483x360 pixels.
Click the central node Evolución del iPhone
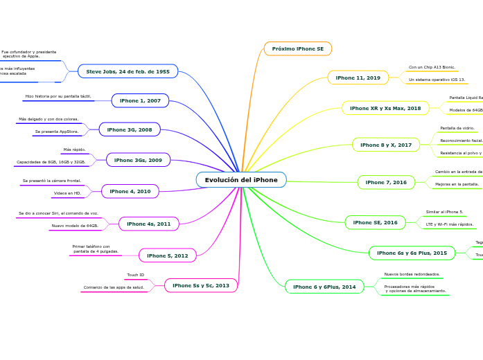pyautogui.click(x=241, y=180)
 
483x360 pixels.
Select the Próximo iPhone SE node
pyautogui.click(x=298, y=48)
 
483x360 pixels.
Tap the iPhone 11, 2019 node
pyautogui.click(x=358, y=78)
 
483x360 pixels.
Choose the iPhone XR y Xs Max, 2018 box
pyautogui.click(x=385, y=108)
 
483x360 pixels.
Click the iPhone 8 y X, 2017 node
pyautogui.click(x=386, y=145)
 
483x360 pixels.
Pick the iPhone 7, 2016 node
pyautogui.click(x=386, y=182)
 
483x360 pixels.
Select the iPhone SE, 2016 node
pyautogui.click(x=375, y=222)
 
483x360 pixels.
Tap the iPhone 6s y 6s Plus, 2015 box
pyautogui.click(x=412, y=253)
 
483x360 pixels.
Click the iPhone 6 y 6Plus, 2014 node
pyautogui.click(x=324, y=287)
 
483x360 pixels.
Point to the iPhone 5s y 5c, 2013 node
pyautogui.click(x=201, y=285)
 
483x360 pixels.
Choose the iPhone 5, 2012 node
pyautogui.click(x=168, y=255)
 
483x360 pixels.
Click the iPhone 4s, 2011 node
pyautogui.click(x=149, y=224)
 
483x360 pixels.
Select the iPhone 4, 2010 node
pyautogui.click(x=130, y=191)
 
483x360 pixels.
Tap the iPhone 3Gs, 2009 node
pyautogui.click(x=138, y=160)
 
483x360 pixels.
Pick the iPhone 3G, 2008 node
pyautogui.click(x=130, y=129)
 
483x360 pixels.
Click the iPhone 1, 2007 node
pyautogui.click(x=140, y=100)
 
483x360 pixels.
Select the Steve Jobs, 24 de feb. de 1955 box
pyautogui.click(x=128, y=71)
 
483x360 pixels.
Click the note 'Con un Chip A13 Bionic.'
pyautogui.click(x=432, y=68)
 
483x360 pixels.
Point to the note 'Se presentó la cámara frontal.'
pyautogui.click(x=52, y=181)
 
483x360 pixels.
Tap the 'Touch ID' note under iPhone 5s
pyautogui.click(x=136, y=275)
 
